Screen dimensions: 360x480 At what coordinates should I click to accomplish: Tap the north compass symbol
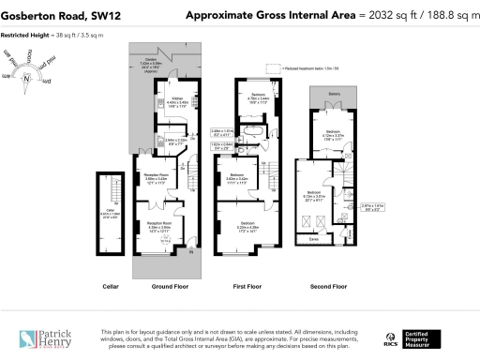28,78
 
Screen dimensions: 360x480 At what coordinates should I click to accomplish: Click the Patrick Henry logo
45,337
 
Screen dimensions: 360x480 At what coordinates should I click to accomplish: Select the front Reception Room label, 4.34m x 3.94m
157,226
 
